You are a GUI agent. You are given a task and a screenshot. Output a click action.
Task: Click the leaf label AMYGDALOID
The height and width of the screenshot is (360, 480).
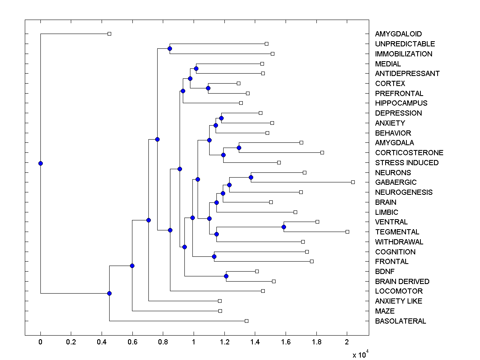point(398,34)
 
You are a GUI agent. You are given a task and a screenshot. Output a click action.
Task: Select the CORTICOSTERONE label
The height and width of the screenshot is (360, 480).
point(409,153)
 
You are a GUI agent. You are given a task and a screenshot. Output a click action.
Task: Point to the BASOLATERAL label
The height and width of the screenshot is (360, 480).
point(400,321)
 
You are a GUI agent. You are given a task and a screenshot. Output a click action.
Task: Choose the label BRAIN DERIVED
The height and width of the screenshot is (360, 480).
point(402,282)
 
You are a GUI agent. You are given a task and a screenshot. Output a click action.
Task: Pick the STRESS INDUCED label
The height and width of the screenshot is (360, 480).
point(407,163)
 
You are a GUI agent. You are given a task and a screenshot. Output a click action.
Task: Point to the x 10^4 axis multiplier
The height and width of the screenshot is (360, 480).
point(360,354)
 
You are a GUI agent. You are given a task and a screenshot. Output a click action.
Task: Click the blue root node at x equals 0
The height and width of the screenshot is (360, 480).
point(40,163)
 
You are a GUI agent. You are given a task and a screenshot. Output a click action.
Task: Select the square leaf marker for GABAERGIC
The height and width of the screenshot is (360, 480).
point(353,182)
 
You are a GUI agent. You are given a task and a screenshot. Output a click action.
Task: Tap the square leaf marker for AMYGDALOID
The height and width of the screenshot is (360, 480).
point(109,34)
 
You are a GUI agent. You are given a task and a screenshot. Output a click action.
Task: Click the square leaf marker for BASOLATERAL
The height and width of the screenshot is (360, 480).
point(246,321)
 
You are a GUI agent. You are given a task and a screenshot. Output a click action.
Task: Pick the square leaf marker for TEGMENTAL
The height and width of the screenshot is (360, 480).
point(347,232)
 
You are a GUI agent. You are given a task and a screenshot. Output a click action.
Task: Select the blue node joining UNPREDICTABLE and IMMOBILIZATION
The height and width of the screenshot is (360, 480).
point(170,48)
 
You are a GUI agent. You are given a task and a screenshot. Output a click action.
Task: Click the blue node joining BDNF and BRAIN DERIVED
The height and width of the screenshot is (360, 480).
point(226,276)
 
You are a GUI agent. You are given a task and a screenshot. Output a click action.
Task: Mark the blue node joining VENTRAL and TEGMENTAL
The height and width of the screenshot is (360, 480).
point(284,227)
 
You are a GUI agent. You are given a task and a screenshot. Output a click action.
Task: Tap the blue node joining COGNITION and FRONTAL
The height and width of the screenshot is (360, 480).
point(214,256)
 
